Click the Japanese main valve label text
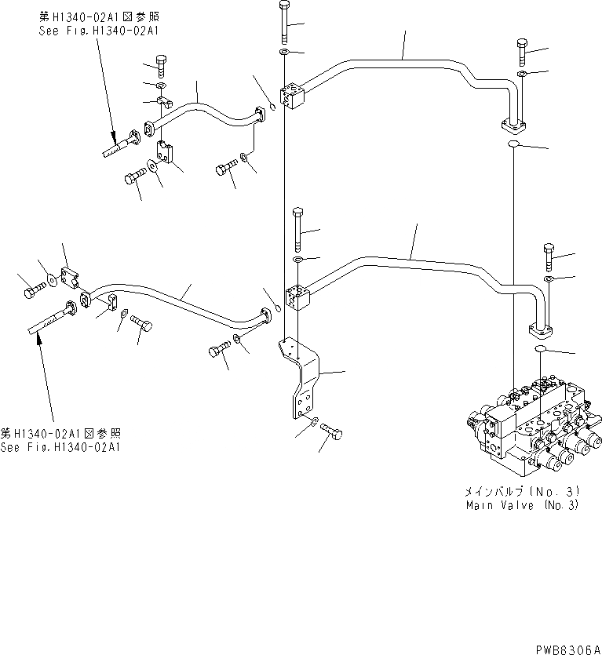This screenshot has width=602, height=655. click(x=521, y=492)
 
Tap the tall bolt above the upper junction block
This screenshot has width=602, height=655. click(x=283, y=24)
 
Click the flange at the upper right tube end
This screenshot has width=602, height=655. click(x=515, y=125)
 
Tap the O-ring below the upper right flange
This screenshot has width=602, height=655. click(x=513, y=145)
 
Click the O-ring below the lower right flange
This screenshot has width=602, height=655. click(x=542, y=350)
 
